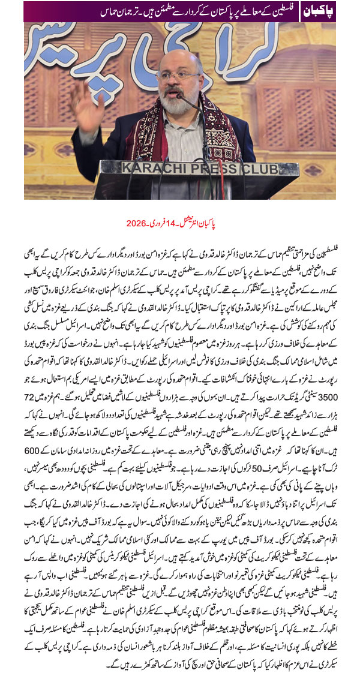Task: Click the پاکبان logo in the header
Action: pyautogui.click(x=319, y=11)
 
